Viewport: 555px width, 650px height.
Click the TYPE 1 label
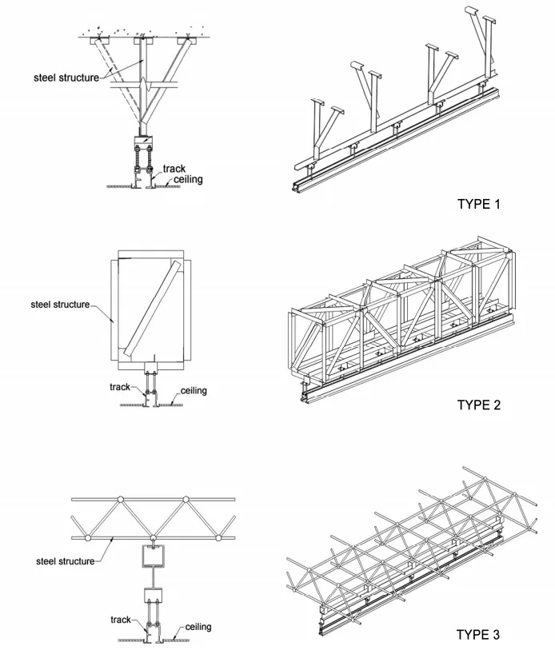click(x=478, y=204)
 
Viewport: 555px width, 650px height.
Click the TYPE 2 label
click(x=478, y=405)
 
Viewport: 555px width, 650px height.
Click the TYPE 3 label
click(x=478, y=635)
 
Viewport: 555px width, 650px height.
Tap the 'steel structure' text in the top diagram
click(x=66, y=78)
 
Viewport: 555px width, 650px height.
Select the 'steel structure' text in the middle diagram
click(x=60, y=305)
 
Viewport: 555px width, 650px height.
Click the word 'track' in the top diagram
click(x=174, y=169)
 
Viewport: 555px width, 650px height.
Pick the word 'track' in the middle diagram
click(x=120, y=387)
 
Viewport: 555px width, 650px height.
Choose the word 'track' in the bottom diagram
click(x=121, y=620)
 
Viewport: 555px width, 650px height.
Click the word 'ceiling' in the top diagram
click(x=188, y=180)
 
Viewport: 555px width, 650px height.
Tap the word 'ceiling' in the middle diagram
click(x=194, y=391)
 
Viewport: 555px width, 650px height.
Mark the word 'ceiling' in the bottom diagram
click(x=198, y=627)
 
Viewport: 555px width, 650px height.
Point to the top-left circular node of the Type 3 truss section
click(x=120, y=500)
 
